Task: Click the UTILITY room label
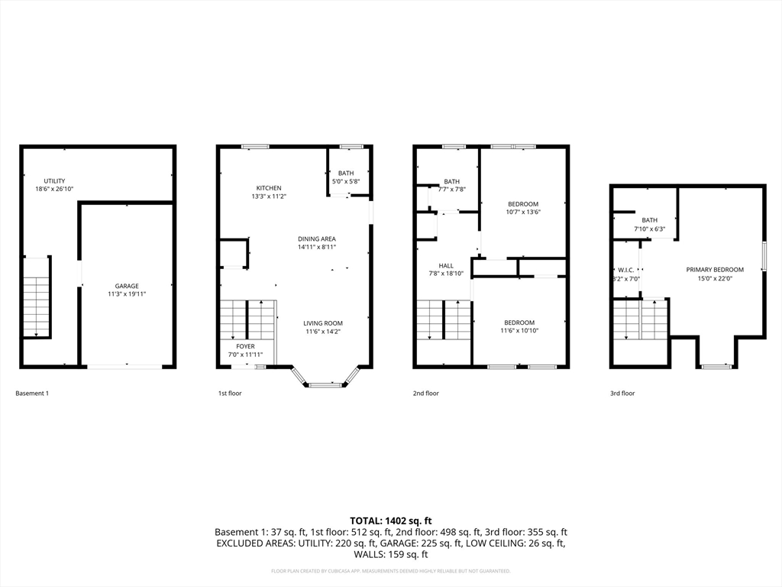53,181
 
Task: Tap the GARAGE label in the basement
127,286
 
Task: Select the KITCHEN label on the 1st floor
269,188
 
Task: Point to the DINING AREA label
317,239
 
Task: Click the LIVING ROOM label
323,323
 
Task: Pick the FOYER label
245,346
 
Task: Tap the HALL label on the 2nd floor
446,266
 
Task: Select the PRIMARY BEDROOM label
715,270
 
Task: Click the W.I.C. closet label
626,270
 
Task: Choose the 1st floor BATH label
346,174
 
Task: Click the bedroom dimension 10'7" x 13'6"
523,212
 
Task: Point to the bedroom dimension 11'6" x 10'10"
519,331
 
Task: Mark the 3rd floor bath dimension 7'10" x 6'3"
649,229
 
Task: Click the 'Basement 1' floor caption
32,394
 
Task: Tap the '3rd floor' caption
622,394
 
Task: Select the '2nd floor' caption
426,394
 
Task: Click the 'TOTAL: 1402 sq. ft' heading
390,521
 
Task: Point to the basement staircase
36,297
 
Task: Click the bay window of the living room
325,384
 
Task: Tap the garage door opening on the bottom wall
124,367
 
